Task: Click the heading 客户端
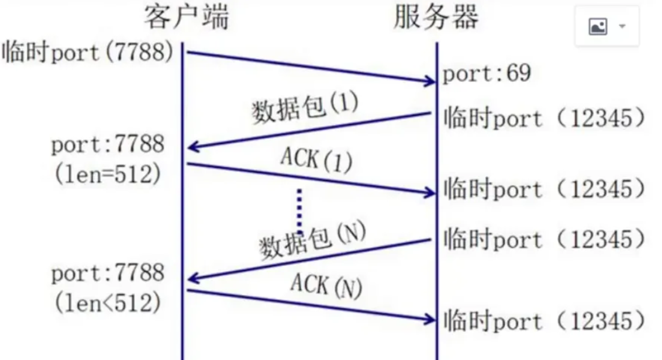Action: pos(186,18)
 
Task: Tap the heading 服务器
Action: pos(436,18)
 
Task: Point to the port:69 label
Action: pos(486,74)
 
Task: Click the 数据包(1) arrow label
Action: pos(305,107)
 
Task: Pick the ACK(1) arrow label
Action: pos(316,160)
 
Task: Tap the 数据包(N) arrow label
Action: pos(312,240)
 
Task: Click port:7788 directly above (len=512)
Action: pos(108,145)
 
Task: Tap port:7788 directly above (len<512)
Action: pos(108,273)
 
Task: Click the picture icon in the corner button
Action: pos(598,27)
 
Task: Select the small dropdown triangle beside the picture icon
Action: pos(622,27)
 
